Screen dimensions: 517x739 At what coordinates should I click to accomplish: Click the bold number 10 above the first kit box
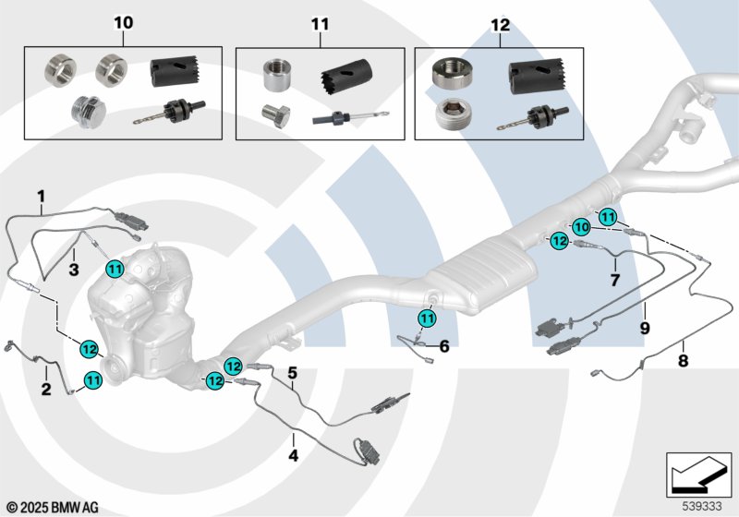[x=123, y=21]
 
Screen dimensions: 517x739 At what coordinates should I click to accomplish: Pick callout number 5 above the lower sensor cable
[x=292, y=373]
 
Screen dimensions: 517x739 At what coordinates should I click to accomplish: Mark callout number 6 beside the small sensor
[x=443, y=346]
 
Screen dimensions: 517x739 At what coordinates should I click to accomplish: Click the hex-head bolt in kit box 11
[x=273, y=117]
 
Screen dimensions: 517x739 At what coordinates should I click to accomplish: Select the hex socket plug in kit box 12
[x=451, y=118]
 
